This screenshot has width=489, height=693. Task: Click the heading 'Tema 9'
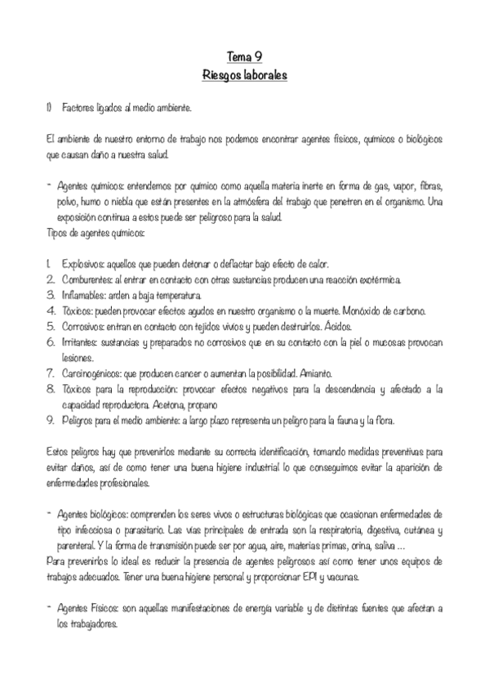point(244,57)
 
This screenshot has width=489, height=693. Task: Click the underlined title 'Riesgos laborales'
point(244,76)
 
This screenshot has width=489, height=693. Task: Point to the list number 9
point(51,421)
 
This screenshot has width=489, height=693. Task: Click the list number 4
point(51,311)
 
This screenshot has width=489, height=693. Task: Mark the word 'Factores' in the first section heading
point(78,107)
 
